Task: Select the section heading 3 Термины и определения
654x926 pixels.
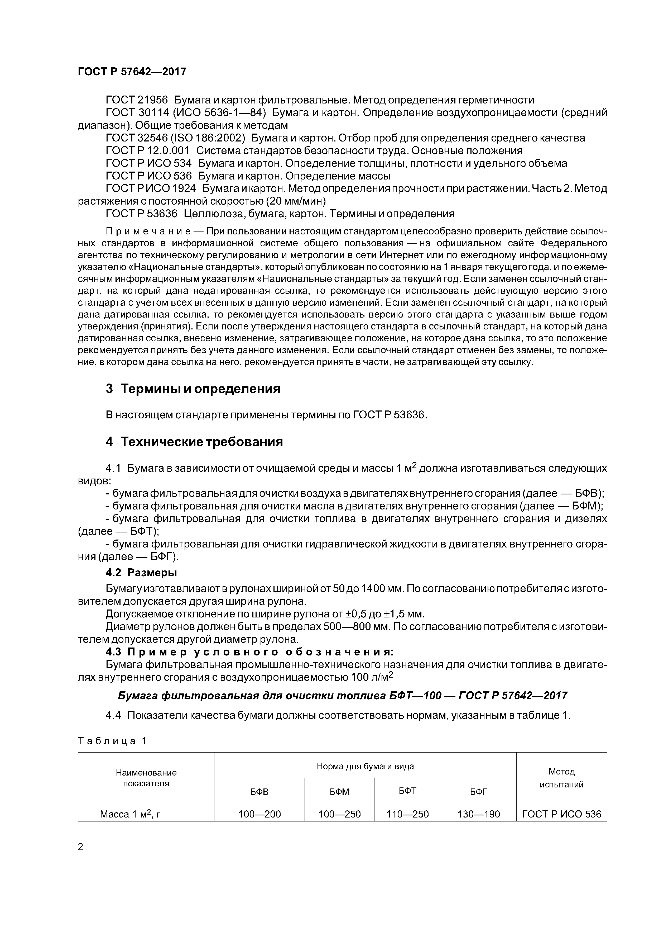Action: point(193,389)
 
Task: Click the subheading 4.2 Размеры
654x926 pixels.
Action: point(141,573)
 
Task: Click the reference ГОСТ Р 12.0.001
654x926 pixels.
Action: point(147,151)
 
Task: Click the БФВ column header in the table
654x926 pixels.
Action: point(259,792)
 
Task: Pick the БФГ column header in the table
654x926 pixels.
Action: point(478,792)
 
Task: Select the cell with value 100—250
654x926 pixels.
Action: point(339,814)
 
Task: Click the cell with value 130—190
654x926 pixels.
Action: point(478,814)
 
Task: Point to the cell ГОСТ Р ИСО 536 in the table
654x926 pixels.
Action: point(561,814)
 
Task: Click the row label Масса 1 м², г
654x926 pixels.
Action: point(130,814)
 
